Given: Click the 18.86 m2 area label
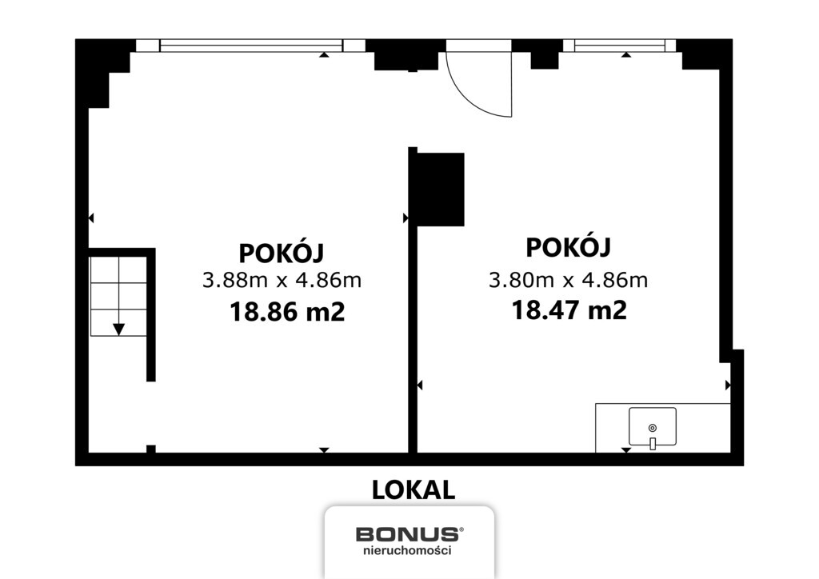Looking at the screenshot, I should click(287, 311).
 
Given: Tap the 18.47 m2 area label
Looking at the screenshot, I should click(569, 309).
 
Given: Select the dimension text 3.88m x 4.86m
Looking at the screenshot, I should click(282, 281).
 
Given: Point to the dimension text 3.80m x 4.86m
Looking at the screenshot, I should click(568, 280).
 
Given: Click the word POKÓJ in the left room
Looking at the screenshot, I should click(282, 253).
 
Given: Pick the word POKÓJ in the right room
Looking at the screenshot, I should click(568, 248).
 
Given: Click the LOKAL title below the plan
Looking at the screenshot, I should click(413, 489).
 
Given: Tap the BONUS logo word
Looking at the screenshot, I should click(408, 533).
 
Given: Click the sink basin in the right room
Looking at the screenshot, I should click(652, 426).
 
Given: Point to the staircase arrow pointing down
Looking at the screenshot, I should click(118, 328).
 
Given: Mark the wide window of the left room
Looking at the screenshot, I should click(251, 46).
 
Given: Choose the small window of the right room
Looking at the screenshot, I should click(620, 46).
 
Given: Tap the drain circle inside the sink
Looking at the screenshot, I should click(652, 428).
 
